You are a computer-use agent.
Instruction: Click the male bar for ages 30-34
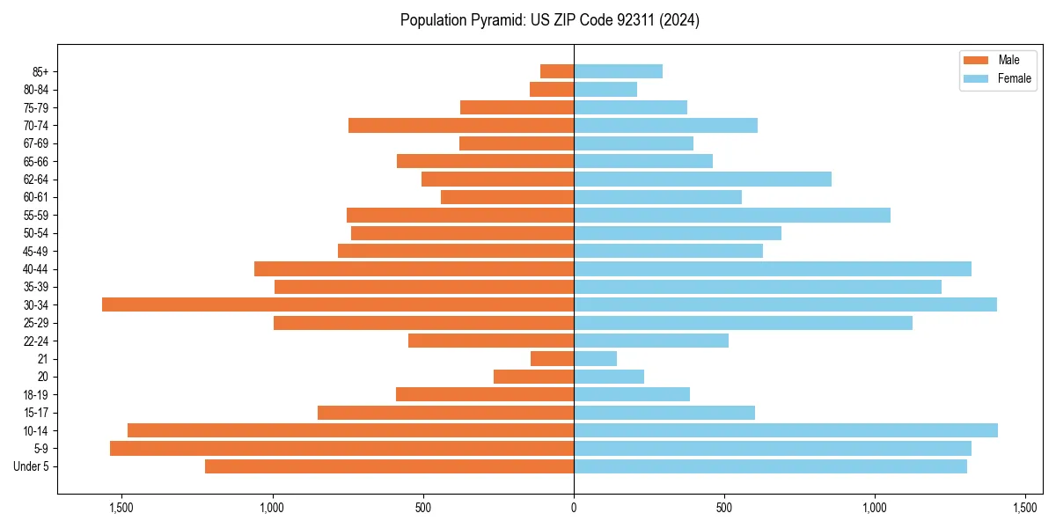tap(338, 304)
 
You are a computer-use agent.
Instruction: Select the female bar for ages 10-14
tap(785, 430)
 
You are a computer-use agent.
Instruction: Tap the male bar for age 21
tap(552, 359)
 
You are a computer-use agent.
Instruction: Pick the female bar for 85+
tap(618, 71)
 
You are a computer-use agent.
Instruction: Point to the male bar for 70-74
tap(461, 126)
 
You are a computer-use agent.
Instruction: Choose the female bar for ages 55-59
tap(731, 215)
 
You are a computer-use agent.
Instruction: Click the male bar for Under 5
tap(389, 466)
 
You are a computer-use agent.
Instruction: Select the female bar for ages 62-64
tap(702, 180)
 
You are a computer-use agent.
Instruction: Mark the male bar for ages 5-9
tap(341, 449)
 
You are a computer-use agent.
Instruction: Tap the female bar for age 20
tap(608, 377)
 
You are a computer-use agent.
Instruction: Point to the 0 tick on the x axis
tap(574, 508)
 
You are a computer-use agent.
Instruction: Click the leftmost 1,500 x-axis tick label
tap(121, 508)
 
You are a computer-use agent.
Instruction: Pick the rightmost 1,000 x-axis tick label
tap(875, 508)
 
